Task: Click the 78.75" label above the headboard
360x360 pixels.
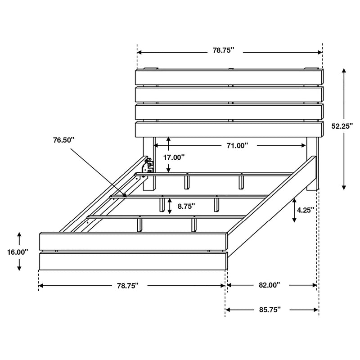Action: click(224, 51)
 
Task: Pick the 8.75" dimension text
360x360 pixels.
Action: click(186, 207)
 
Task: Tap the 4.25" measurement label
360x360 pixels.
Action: click(305, 209)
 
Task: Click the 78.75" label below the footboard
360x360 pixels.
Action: click(128, 285)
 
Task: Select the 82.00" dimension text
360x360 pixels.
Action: click(270, 285)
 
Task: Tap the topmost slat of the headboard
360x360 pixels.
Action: click(229, 76)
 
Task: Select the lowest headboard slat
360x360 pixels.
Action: click(229, 129)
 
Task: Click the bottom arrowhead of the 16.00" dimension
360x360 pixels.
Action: click(19, 269)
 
